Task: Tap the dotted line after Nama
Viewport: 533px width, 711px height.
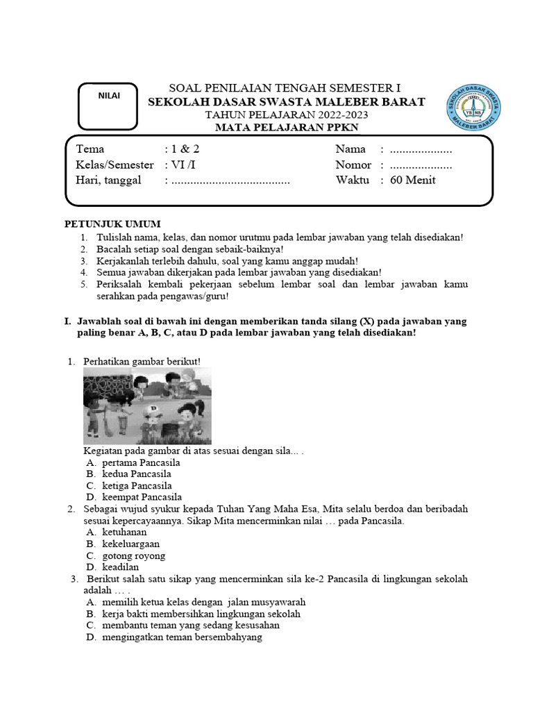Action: tap(421, 149)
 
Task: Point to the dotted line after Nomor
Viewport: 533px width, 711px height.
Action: tap(421, 165)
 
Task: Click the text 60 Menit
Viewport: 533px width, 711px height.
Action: tap(414, 181)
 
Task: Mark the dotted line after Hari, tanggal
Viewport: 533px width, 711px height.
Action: tap(230, 181)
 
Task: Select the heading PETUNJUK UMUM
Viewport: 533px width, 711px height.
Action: tap(112, 224)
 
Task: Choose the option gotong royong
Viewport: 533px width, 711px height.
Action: tap(133, 555)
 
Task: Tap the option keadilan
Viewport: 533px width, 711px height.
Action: tap(120, 567)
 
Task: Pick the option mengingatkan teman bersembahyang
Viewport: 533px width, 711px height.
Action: tap(181, 637)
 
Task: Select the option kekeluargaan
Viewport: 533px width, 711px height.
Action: tap(130, 544)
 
